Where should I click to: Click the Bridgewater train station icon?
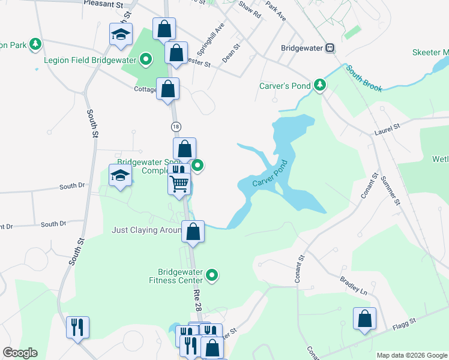click(330, 48)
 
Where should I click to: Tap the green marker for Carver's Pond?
click(320, 86)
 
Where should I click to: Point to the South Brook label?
click(364, 79)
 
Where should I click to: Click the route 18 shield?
click(175, 127)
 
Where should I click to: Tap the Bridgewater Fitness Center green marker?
click(211, 275)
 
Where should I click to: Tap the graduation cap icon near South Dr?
click(120, 176)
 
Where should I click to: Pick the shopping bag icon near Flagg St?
click(364, 319)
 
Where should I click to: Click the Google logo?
click(20, 353)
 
